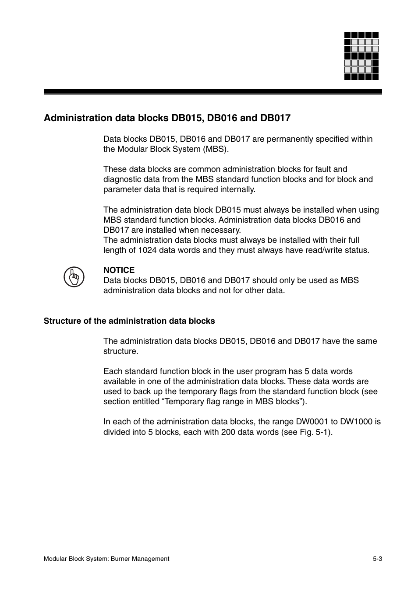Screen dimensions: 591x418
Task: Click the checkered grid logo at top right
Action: coord(361,56)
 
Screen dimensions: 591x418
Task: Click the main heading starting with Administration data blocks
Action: coord(167,118)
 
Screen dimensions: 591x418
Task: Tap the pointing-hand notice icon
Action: coord(74,277)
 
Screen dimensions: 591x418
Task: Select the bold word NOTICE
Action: coord(119,270)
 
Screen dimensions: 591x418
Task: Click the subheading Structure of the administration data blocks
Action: coord(129,321)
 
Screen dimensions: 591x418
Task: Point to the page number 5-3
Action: coord(377,559)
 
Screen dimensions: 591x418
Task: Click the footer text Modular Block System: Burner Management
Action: coord(106,559)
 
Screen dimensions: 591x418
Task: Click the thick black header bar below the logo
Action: coord(213,92)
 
